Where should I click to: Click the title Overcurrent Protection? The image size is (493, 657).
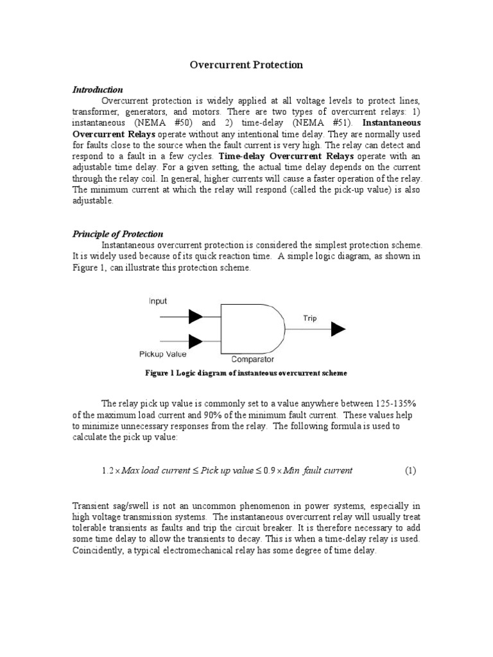(x=246, y=65)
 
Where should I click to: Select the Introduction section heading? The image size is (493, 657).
(x=98, y=89)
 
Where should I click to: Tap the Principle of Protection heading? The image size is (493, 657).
(x=117, y=234)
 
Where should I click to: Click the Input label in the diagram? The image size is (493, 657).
(x=158, y=301)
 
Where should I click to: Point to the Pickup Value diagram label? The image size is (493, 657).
(x=163, y=354)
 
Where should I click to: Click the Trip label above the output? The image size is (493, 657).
(x=309, y=318)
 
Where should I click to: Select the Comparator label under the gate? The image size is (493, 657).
(x=252, y=359)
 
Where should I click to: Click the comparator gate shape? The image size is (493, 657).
(x=250, y=328)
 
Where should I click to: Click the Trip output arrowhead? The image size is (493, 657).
(x=338, y=329)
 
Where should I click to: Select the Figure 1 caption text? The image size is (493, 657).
(x=246, y=373)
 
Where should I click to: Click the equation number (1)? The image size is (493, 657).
(x=410, y=470)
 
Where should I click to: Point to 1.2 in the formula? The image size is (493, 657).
(x=107, y=470)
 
